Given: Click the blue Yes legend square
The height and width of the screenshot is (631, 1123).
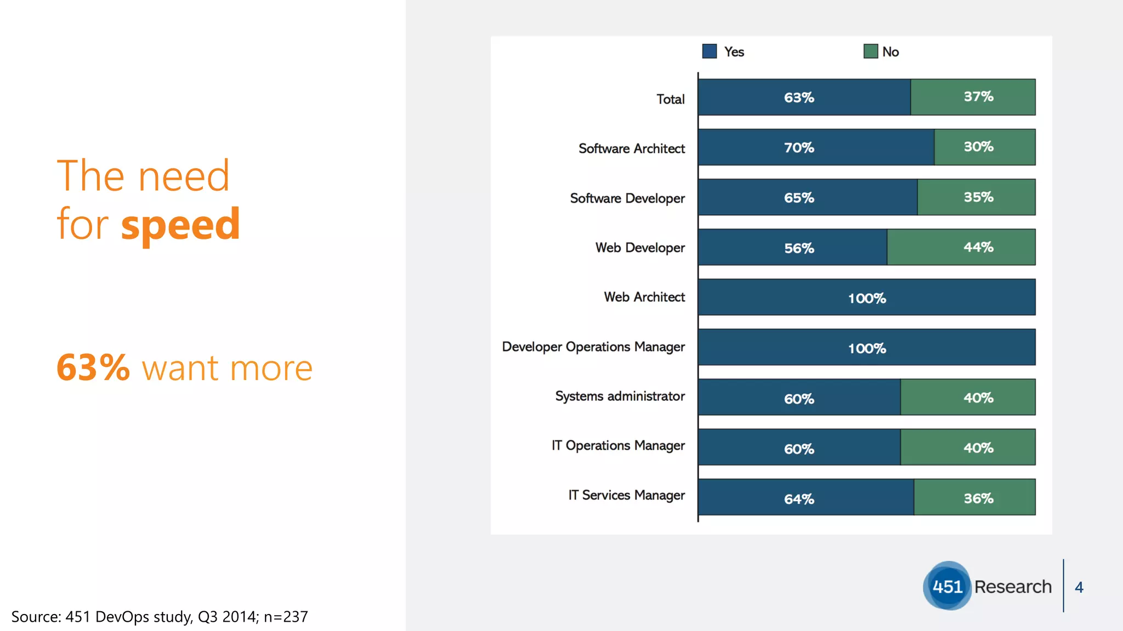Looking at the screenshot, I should tap(710, 51).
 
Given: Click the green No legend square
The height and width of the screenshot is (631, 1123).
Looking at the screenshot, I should tap(870, 51).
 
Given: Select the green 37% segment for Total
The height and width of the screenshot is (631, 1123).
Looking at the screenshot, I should tap(973, 97).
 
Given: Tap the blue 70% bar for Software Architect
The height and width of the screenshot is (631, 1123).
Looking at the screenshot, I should tap(816, 147).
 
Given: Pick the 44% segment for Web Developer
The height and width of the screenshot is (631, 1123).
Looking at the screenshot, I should tap(961, 247).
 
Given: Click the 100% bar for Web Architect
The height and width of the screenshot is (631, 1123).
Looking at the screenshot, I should tap(866, 297).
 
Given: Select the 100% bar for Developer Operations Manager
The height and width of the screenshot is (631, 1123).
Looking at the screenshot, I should tap(866, 347).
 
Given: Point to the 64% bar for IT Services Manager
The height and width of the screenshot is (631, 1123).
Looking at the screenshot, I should tap(806, 497).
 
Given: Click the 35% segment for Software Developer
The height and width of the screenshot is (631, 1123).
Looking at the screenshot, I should tap(976, 197).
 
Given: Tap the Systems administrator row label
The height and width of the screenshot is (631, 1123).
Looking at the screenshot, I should tap(620, 396).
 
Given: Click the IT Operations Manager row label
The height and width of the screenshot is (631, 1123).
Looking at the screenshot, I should tap(618, 445).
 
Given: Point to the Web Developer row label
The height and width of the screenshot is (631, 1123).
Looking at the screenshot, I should tap(640, 248).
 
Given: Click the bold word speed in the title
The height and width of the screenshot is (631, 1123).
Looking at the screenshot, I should tap(180, 225).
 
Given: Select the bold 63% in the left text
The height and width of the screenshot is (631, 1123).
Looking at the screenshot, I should tap(93, 368).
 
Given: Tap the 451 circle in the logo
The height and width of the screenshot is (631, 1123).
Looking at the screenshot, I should tap(947, 586).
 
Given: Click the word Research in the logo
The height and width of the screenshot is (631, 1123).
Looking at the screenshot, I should tap(1013, 587).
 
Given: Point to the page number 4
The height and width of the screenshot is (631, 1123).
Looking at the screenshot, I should tap(1079, 587).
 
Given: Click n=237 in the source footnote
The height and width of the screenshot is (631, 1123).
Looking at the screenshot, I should tap(286, 617).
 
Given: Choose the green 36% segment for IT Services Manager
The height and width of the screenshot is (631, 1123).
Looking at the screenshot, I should tap(974, 497).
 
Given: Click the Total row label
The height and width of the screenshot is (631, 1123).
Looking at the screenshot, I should tap(670, 99).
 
